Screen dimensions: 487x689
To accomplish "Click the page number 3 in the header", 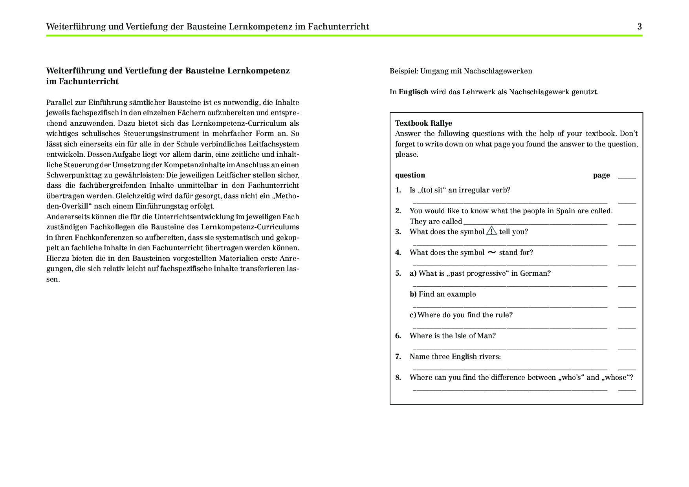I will coord(640,27).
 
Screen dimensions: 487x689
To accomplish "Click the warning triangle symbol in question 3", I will coord(491,231).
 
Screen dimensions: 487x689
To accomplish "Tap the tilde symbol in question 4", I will coord(491,253).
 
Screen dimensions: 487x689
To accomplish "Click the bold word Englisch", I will coord(413,92).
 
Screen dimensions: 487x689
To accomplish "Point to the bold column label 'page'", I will coord(601,175).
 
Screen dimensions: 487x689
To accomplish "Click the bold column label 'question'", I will coord(410,175).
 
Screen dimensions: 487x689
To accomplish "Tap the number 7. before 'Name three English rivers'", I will coord(398,357).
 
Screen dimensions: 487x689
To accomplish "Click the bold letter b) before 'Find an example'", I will coord(413,294).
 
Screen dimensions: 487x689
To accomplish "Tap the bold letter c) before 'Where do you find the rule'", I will coord(413,315).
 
